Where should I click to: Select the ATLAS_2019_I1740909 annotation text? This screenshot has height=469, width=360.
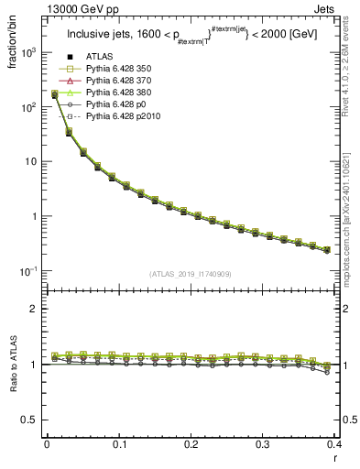coord(190,274)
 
